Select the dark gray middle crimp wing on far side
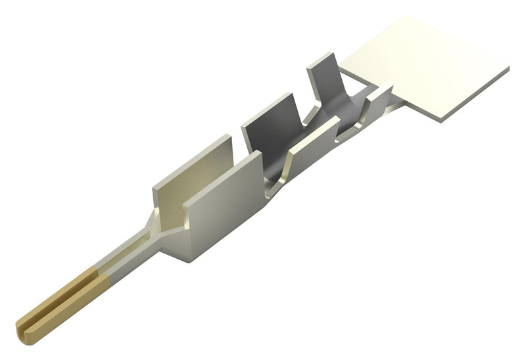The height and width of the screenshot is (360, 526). [270, 131]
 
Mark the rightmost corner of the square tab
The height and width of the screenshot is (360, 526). [508, 68]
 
